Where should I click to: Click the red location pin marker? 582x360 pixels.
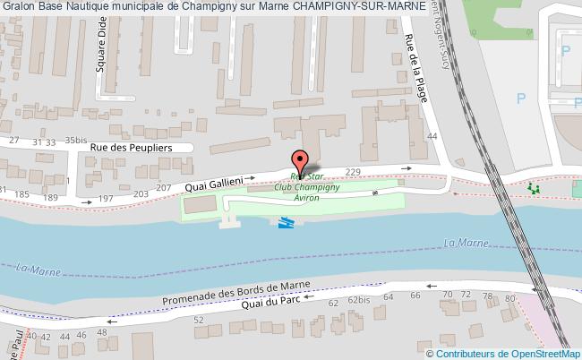[x=300, y=160]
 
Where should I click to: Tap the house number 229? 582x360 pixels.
[x=352, y=172]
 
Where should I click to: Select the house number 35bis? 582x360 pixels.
[x=75, y=141]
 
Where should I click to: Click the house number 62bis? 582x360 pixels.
[x=358, y=299]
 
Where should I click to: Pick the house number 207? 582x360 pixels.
[x=164, y=188]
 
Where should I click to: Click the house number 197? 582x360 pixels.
[x=106, y=198]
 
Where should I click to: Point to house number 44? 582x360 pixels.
[x=432, y=137]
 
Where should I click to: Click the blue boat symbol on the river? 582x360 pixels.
[x=286, y=223]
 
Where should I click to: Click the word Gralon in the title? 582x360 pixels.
[x=19, y=9]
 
